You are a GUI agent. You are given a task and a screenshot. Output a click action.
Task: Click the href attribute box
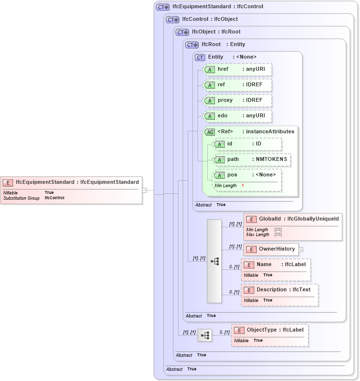(237, 69)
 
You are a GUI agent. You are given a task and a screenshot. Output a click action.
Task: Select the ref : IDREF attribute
(237, 85)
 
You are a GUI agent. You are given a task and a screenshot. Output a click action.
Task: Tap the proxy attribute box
(237, 100)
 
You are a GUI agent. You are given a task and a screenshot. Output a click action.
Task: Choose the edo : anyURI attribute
(237, 116)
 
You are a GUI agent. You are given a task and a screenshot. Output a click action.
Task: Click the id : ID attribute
(247, 144)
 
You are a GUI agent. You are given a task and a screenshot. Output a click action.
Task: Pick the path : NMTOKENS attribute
(252, 159)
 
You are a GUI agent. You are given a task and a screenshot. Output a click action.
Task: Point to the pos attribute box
(247, 175)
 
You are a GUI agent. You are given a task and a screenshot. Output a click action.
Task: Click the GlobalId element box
(293, 219)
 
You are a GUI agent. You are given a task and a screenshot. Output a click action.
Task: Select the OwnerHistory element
(271, 249)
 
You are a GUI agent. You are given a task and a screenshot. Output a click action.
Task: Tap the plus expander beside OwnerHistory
(301, 250)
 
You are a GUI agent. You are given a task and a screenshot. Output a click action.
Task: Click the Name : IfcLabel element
(276, 265)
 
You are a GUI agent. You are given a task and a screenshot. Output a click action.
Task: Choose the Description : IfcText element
(279, 290)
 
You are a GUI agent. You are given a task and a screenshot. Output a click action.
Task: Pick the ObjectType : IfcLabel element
(270, 330)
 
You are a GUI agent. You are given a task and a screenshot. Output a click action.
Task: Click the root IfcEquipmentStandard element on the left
(72, 182)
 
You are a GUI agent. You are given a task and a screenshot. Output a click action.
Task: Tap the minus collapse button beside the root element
(144, 190)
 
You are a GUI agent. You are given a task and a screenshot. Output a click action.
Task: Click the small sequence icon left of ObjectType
(205, 335)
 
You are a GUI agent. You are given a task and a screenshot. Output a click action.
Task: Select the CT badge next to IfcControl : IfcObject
(173, 20)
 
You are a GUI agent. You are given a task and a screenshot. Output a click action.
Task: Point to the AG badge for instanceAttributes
(210, 132)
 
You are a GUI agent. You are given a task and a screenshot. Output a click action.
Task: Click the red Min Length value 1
(243, 186)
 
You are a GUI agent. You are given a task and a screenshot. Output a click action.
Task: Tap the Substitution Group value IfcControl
(54, 198)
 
